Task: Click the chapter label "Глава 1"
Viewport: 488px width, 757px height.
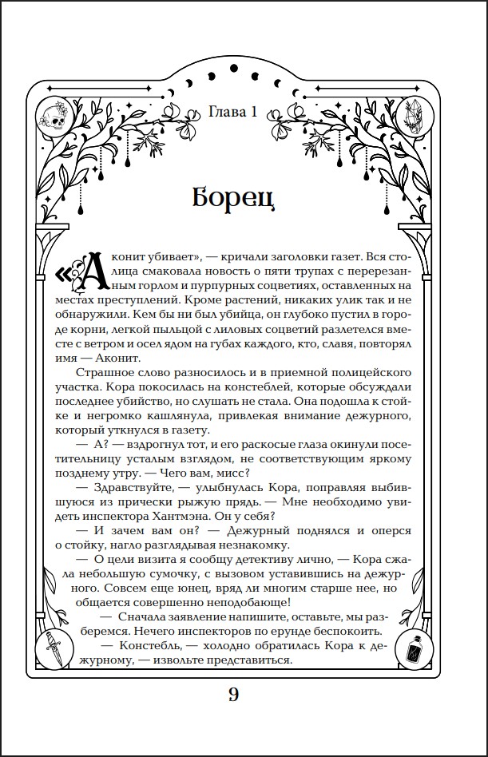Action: [232, 112]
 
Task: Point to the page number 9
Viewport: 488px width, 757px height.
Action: [233, 694]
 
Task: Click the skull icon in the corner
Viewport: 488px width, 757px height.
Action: [53, 117]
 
